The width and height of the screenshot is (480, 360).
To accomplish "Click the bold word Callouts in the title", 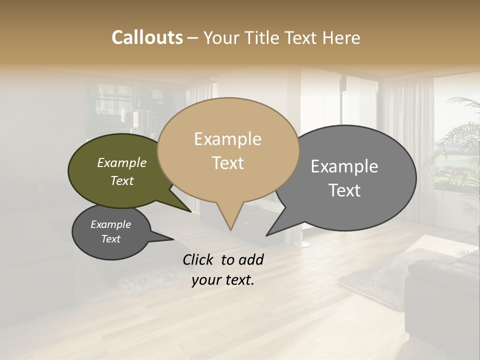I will coord(147,37).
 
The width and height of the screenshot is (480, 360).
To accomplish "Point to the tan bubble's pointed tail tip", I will coord(230,230).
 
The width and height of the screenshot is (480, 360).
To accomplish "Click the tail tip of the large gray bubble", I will coord(266,235).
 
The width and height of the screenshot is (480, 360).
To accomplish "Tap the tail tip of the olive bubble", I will coord(191,212).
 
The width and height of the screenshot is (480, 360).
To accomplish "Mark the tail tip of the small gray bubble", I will coord(173,239).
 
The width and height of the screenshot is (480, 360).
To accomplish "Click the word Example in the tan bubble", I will coord(227,139).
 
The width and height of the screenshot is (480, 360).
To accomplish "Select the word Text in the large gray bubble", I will coord(344,190).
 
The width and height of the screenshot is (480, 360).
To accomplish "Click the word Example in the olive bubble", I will coord(121,163).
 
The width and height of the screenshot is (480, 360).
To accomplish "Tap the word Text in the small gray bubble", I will coord(110,239).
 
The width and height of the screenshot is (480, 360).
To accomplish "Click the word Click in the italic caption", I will coord(199,259).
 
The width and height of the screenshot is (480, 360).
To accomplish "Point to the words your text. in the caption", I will coord(223,280).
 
